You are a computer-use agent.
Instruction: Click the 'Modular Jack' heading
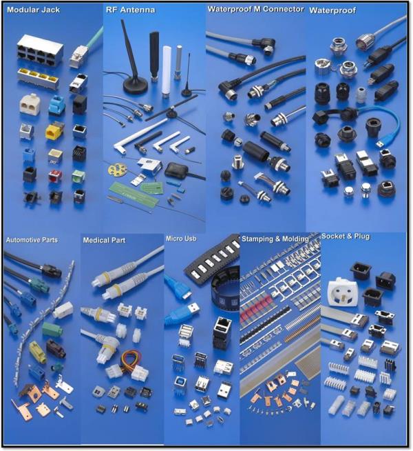(x=33, y=10)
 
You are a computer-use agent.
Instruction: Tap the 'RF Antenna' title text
(x=130, y=10)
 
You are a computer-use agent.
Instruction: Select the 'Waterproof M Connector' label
(x=256, y=9)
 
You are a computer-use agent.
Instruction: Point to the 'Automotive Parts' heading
(x=32, y=240)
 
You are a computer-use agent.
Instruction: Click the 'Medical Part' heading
(x=104, y=240)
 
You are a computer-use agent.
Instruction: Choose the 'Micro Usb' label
(x=181, y=239)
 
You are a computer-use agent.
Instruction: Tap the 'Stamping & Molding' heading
(x=275, y=239)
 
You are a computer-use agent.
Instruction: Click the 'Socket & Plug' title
(x=346, y=237)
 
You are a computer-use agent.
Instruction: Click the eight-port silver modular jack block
(x=40, y=50)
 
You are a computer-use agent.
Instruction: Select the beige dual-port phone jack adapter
(x=30, y=104)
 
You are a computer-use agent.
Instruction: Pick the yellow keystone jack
(x=54, y=131)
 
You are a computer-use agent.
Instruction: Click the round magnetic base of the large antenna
(x=136, y=86)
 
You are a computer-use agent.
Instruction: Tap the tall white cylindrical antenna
(x=167, y=71)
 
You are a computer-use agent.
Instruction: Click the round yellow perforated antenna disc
(x=116, y=170)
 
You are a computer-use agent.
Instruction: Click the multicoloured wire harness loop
(x=131, y=359)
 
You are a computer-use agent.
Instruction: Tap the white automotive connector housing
(x=63, y=310)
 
